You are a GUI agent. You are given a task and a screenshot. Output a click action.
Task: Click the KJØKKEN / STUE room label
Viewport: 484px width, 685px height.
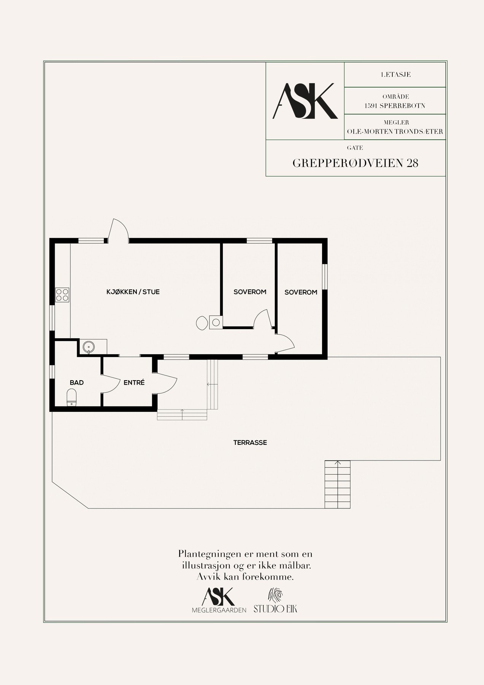(133, 292)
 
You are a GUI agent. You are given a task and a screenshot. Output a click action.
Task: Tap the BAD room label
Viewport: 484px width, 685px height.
(76, 382)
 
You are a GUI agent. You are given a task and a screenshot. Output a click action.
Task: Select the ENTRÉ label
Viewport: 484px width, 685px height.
(134, 382)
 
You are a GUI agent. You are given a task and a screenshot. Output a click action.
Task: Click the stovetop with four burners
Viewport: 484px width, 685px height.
(62, 295)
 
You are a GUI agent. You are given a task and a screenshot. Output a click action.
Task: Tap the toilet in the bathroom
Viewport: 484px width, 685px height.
(71, 397)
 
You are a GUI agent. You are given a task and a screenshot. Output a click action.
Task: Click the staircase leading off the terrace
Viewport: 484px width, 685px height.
(337, 484)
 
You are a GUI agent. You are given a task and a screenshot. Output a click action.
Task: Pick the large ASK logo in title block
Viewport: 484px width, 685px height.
(305, 101)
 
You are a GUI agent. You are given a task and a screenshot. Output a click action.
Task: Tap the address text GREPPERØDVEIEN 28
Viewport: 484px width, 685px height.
(355, 163)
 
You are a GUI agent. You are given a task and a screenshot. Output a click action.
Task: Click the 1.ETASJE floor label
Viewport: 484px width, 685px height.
(395, 75)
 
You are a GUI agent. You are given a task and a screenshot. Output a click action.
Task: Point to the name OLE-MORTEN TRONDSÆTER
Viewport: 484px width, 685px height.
(395, 132)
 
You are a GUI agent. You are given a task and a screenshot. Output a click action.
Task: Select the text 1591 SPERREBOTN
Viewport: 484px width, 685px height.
(395, 105)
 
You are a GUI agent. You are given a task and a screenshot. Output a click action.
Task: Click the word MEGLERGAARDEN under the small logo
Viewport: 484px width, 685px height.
(219, 610)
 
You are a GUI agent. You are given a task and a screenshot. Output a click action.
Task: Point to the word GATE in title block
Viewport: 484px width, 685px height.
(355, 148)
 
